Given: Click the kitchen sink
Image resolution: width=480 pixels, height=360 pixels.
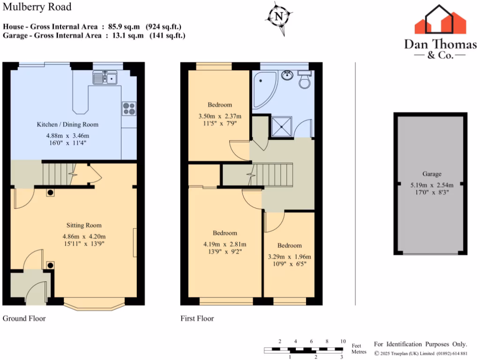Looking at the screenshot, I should (105, 77).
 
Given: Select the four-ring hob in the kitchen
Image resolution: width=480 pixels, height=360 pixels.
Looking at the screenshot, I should (128, 108).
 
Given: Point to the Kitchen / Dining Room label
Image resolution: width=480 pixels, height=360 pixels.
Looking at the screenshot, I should (68, 124).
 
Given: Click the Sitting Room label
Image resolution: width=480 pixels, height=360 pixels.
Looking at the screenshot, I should (84, 225).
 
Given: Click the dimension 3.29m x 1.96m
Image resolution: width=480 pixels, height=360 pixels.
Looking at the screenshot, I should (289, 256).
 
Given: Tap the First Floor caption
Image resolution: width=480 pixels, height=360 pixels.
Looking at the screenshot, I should (197, 318).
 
